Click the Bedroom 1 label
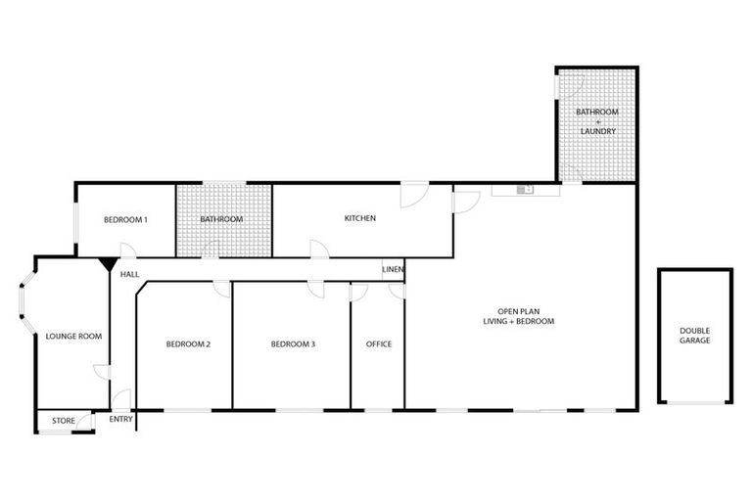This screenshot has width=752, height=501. click(125, 219)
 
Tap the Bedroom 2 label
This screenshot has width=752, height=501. click(188, 343)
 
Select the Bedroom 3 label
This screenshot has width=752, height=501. click(293, 343)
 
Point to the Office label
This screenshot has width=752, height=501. click(378, 343)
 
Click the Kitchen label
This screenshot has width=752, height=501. click(359, 218)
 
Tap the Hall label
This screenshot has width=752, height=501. click(129, 275)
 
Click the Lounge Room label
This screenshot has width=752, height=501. click(73, 336)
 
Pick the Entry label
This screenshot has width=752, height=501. click(121, 421)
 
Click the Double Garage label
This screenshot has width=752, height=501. click(694, 335)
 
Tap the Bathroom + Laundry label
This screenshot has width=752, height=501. click(596, 121)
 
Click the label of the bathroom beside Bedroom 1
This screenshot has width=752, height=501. click(221, 219)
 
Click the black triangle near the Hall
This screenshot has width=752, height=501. click(106, 263)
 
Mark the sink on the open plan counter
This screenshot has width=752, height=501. click(526, 189)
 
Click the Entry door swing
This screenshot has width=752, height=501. click(120, 398)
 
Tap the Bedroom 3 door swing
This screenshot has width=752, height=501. click(316, 289)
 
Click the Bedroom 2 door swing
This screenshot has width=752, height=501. click(222, 289)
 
